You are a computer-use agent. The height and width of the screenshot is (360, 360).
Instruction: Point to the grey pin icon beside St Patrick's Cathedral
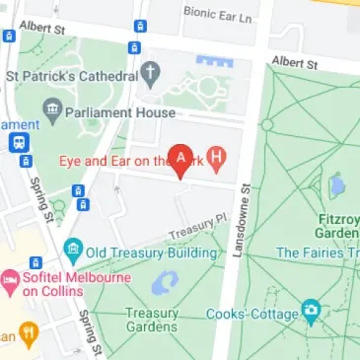(150, 73)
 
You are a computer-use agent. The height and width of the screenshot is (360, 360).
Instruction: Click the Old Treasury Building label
(148, 252)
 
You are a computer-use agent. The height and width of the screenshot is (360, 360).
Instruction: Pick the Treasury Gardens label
(152, 321)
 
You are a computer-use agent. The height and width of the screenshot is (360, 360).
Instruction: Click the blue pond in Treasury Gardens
(165, 283)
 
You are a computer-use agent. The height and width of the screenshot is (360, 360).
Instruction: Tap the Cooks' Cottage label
(252, 315)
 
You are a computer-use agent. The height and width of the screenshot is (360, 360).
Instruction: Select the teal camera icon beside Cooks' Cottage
(312, 314)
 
